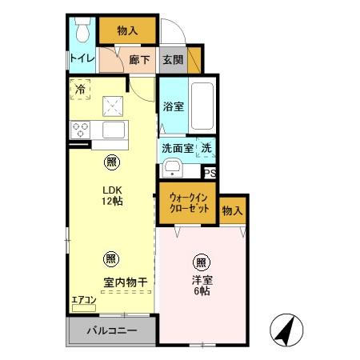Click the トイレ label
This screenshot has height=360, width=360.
(x=82, y=58)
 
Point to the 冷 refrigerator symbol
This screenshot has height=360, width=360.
(x=80, y=90)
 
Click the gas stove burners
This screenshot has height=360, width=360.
(x=81, y=128)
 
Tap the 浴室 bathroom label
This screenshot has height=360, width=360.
(x=174, y=106)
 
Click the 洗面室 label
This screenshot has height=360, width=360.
(x=177, y=148)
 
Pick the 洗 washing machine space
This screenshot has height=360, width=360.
(x=206, y=148)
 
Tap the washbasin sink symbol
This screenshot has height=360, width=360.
(x=172, y=168)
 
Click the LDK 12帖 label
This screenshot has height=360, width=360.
(x=111, y=196)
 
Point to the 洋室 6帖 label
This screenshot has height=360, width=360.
(x=201, y=286)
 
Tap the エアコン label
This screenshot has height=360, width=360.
(x=84, y=299)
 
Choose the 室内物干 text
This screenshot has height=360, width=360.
(x=125, y=282)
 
